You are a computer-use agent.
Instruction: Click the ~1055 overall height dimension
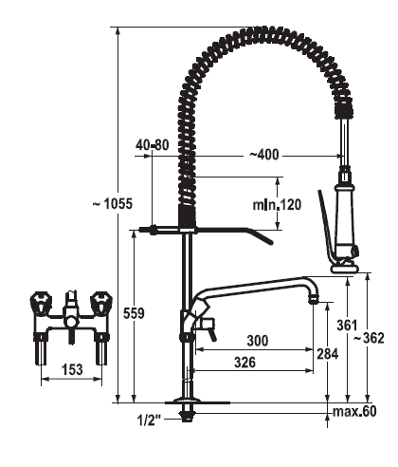pyautogui.click(x=113, y=204)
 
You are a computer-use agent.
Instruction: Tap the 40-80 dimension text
pyautogui.click(x=153, y=145)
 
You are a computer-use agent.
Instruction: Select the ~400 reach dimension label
pyautogui.click(x=264, y=155)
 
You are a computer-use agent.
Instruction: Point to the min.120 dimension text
pyautogui.click(x=277, y=205)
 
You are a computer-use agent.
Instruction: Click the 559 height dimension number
pyautogui.click(x=134, y=313)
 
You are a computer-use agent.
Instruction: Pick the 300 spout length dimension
pyautogui.click(x=258, y=341)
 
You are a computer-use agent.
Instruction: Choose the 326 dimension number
pyautogui.click(x=244, y=363)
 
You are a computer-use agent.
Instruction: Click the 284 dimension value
pyautogui.click(x=328, y=354)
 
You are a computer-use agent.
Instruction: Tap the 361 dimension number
pyautogui.click(x=347, y=326)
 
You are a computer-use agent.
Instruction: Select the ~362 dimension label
pyautogui.click(x=369, y=338)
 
